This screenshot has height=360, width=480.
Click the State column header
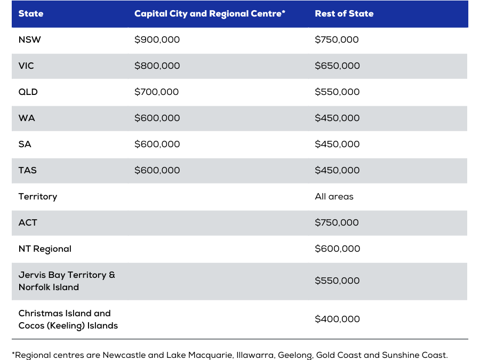(30, 13)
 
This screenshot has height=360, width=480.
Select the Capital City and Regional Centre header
(210, 14)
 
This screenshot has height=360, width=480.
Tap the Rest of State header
(344, 13)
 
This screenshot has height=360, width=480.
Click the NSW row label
(29, 39)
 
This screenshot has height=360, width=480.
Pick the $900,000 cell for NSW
(157, 39)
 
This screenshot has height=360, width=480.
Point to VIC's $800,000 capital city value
(157, 66)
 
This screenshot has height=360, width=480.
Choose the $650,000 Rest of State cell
(338, 66)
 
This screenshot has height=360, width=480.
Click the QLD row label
(28, 92)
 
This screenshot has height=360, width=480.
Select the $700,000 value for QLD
(156, 92)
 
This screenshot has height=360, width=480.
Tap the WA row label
(27, 118)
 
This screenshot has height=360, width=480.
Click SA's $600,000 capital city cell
(157, 144)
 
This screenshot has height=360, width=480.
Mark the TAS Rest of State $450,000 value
(338, 170)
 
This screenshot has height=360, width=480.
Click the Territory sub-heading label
(38, 196)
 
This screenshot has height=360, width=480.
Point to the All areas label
(334, 196)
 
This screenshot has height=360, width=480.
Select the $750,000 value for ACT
(337, 222)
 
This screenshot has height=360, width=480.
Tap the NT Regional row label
(45, 249)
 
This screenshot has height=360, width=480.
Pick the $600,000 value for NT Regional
(338, 249)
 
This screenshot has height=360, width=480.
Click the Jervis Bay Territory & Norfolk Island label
(67, 281)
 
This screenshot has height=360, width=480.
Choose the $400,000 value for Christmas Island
(338, 319)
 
